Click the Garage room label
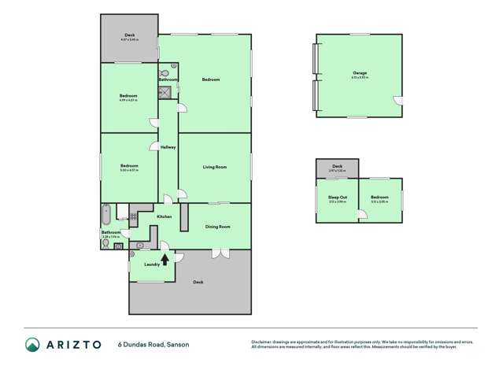point(359,73)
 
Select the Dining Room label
point(217,227)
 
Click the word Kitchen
point(164,216)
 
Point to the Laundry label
point(152,264)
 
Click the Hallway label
point(168,147)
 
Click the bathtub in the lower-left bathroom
point(107,213)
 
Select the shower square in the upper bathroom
point(167,91)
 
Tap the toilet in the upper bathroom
point(173,68)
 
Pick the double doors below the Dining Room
point(221,253)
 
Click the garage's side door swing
point(398,100)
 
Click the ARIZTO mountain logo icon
point(31,344)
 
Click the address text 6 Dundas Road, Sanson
point(153,345)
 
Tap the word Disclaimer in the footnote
point(261,341)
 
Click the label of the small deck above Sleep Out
point(337,167)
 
